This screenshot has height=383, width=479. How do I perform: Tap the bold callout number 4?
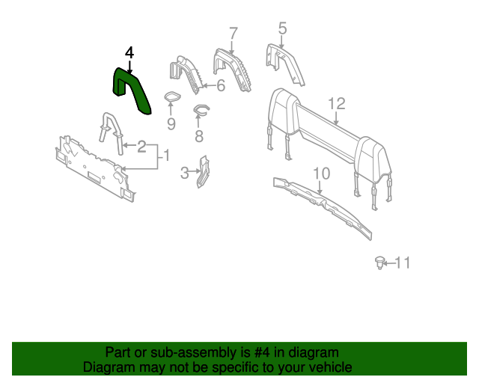pos(129,52)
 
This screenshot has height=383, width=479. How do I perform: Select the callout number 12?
pos(337,103)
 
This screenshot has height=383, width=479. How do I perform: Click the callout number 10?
pos(322,174)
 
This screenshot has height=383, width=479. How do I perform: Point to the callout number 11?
pos(403,263)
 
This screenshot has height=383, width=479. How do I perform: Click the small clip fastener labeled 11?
pos(379,263)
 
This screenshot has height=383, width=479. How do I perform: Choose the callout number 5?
pos(283,28)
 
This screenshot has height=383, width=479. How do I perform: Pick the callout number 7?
pos(233,34)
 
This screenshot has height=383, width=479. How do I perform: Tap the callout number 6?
pos(221,85)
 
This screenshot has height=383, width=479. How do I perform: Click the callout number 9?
pos(171,124)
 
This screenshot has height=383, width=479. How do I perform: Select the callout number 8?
pos(199,136)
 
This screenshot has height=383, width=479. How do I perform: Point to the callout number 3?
pos(185,173)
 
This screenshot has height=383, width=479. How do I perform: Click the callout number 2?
pos(141,147)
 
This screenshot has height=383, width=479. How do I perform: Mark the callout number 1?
pos(166,155)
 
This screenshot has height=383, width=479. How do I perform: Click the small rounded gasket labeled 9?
pos(172,97)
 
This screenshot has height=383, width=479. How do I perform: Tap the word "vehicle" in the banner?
pos(333,367)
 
